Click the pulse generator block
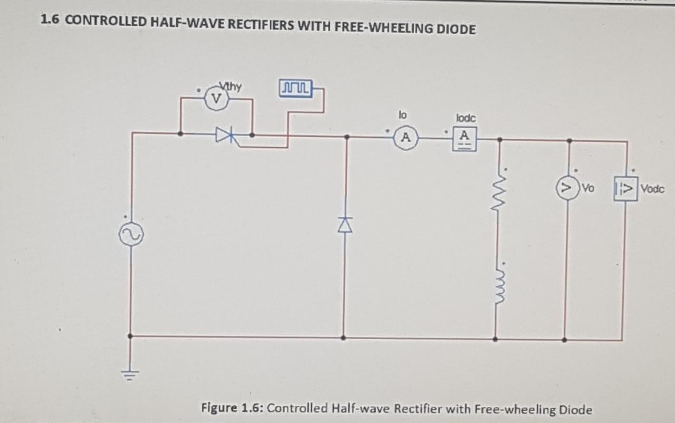[296, 86]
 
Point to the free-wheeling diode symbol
[345, 225]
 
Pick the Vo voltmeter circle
[567, 188]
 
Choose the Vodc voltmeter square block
[625, 188]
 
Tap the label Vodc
[652, 189]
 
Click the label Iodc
[466, 118]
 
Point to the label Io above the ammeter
[403, 113]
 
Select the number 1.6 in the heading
[50, 21]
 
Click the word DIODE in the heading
[456, 28]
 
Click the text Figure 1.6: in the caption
[235, 408]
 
